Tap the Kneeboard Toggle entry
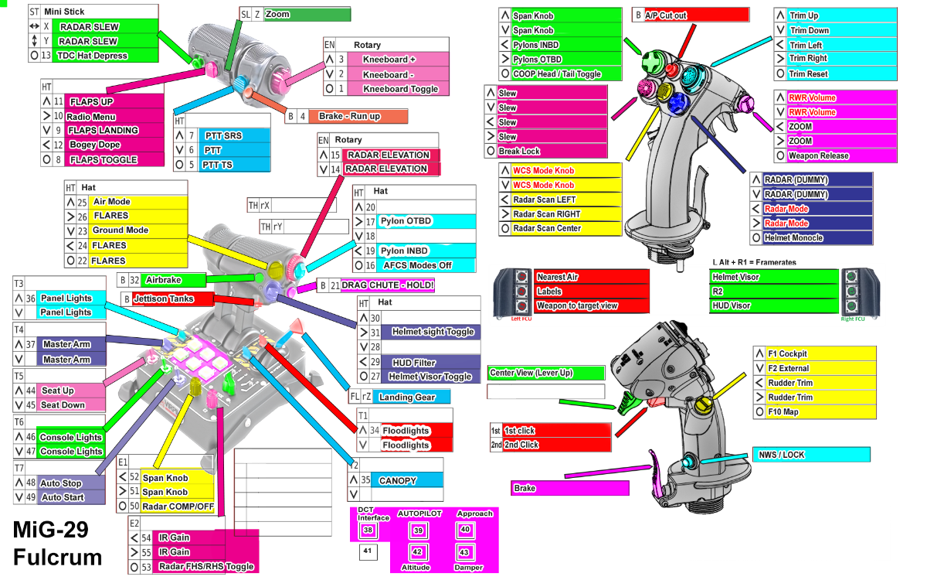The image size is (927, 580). click(400, 89)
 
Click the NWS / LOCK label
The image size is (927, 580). click(811, 455)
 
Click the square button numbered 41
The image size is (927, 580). click(367, 552)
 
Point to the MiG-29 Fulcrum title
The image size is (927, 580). click(56, 543)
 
